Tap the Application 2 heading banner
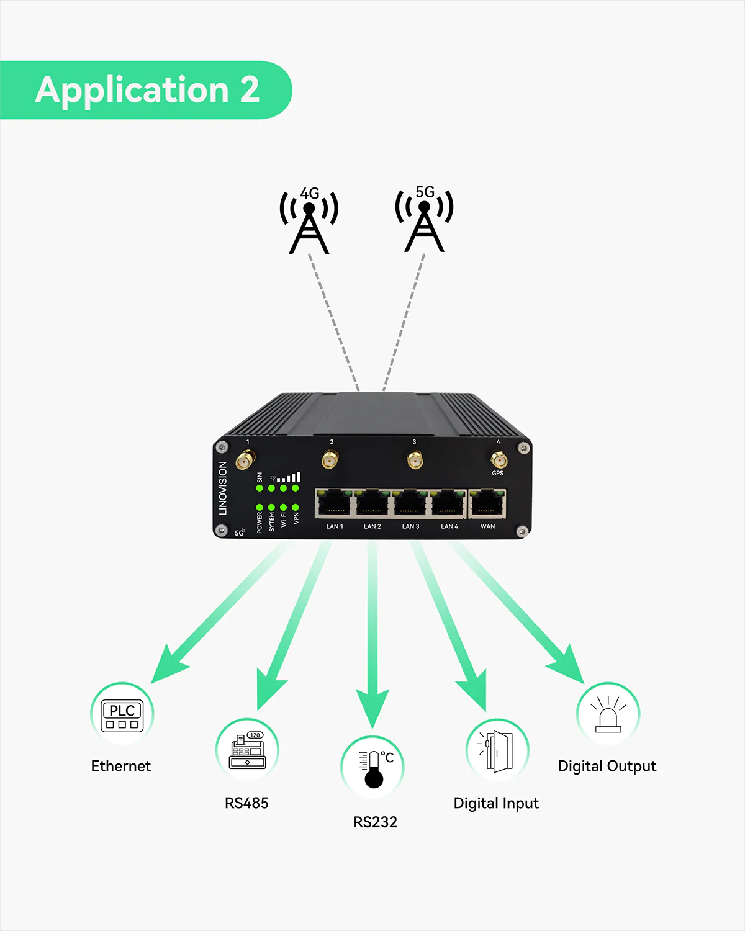coord(147,90)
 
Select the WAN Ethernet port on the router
coord(487,503)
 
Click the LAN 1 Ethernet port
coord(335,503)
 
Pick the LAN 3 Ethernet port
coord(410,503)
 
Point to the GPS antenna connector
coord(498,460)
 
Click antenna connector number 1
coord(246,461)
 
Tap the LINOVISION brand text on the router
coord(223,488)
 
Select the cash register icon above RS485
coord(247,750)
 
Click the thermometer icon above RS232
coord(372,768)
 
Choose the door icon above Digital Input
coord(497,750)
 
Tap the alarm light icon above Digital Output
coord(608,714)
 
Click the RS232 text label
coord(375,822)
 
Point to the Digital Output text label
coord(607,766)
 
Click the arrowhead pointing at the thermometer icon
coord(372,708)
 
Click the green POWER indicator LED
coord(260,507)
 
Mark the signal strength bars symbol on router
coord(289,477)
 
